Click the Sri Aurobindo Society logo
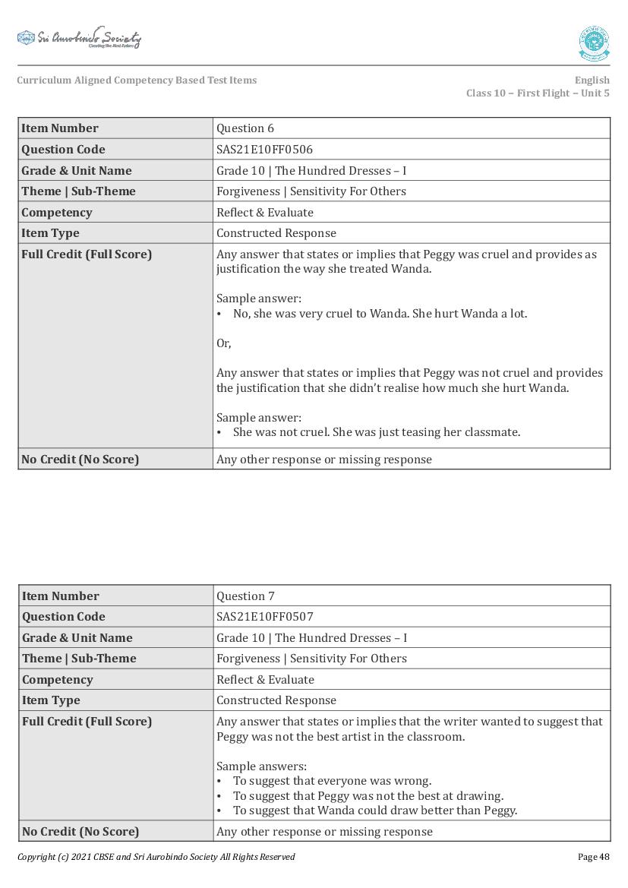(79, 38)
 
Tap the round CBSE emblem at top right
(594, 43)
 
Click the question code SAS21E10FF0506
(264, 150)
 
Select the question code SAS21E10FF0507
(264, 617)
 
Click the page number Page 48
(593, 857)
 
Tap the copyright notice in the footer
(156, 857)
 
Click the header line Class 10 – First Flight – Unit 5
(538, 93)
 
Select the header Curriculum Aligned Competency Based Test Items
(137, 81)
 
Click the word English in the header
(592, 81)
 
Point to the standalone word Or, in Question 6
(224, 343)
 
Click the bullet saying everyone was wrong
(332, 781)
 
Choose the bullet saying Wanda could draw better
(375, 811)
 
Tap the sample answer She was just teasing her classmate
(377, 432)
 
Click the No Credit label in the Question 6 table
(80, 460)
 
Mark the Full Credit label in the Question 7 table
(87, 722)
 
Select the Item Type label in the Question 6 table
(50, 233)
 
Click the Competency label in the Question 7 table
(57, 680)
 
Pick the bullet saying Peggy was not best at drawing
(368, 796)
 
